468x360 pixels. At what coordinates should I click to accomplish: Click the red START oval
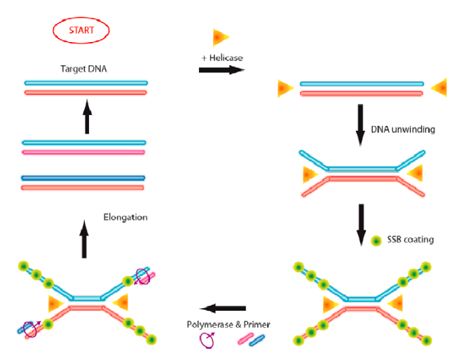click(x=81, y=32)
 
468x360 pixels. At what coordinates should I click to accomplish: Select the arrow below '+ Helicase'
click(x=221, y=70)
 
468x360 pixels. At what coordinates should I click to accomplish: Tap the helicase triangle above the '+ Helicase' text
click(x=221, y=37)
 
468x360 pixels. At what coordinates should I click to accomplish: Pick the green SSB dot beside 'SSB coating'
click(x=377, y=240)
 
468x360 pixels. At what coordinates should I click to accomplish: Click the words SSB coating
click(x=411, y=240)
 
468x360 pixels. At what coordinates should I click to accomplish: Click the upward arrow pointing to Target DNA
click(x=87, y=116)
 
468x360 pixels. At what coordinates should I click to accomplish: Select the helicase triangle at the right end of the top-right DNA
click(x=439, y=88)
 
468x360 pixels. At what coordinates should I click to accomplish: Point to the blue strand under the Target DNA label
click(x=85, y=83)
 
